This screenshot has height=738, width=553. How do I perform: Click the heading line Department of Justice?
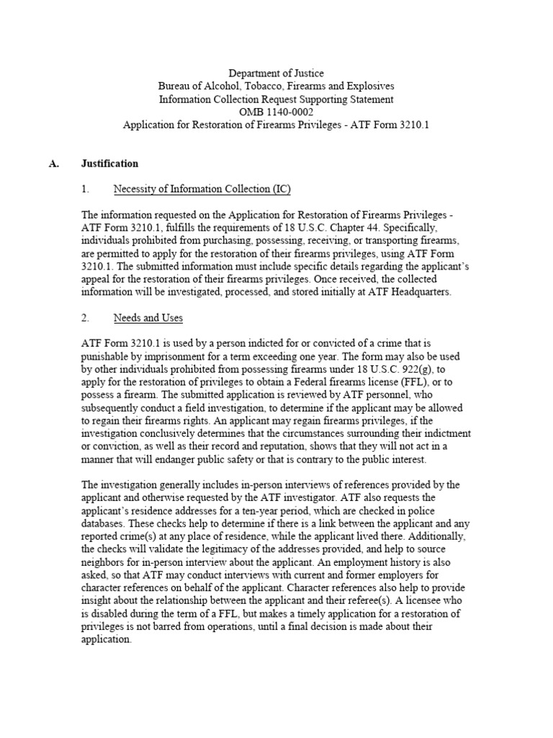276,73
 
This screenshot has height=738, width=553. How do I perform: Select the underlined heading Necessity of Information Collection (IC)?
202,190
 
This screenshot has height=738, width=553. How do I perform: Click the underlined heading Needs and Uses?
148,318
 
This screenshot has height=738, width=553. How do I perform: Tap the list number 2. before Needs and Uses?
86,318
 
